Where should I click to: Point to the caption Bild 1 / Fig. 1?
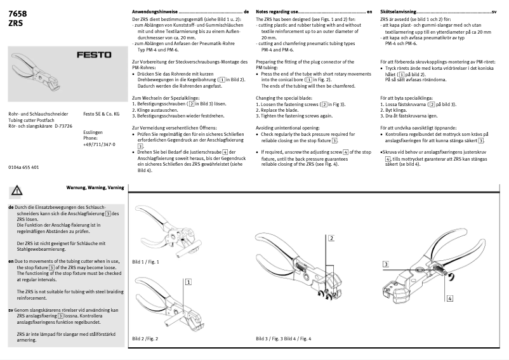[145, 262]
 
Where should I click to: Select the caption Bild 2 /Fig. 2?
[145, 339]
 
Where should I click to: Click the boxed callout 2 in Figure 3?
[331, 238]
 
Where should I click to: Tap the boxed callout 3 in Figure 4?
[385, 263]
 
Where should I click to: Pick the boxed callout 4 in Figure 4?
[449, 297]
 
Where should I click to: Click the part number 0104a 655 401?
[23, 167]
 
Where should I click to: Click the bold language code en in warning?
[11, 260]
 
